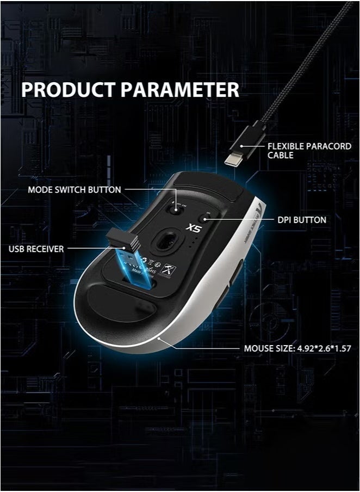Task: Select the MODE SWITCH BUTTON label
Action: [x=74, y=190]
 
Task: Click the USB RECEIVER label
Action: [x=36, y=249]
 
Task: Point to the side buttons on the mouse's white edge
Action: [x=236, y=272]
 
